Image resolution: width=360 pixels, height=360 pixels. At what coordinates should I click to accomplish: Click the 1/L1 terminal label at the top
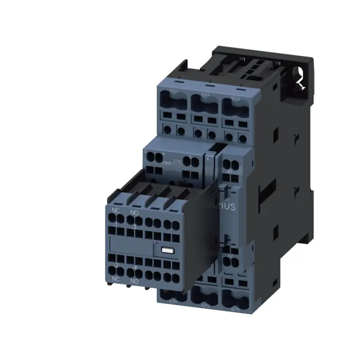point(173,91)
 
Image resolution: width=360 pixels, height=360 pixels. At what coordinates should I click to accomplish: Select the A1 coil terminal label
point(230,172)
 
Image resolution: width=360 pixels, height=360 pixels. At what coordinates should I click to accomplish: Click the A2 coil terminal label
point(230,256)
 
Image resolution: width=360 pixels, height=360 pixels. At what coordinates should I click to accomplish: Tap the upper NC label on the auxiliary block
point(116,210)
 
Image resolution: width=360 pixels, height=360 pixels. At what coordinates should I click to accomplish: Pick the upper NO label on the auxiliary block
point(134,212)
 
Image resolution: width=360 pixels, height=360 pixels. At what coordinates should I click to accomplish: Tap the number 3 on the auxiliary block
point(134,226)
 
